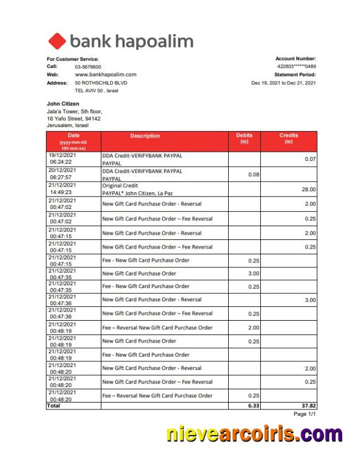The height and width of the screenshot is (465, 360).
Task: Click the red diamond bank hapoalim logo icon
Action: click(57, 41)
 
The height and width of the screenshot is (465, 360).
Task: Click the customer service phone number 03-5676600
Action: click(88, 67)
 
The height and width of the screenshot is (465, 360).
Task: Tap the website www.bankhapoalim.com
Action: click(105, 74)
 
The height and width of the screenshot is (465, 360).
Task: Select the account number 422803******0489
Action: click(296, 66)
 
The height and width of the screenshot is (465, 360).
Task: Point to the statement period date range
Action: click(284, 83)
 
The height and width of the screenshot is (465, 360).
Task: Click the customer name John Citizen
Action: click(62, 104)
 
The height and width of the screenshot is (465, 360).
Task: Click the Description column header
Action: click(145, 136)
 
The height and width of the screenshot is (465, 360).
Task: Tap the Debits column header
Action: click(244, 139)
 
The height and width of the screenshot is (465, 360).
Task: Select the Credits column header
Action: click(288, 139)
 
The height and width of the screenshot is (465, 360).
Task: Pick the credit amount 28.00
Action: click(308, 189)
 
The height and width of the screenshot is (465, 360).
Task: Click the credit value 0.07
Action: click(310, 159)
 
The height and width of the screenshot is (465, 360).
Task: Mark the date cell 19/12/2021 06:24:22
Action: click(62, 159)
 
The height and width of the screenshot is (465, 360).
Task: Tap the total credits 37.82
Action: click(308, 405)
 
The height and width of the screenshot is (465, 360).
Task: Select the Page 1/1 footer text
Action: click(304, 414)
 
